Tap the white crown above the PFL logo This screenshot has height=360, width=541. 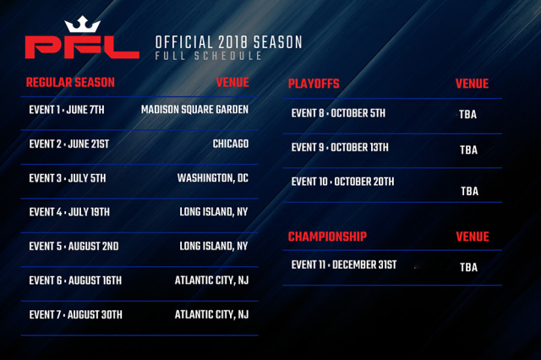pyautogui.click(x=83, y=25)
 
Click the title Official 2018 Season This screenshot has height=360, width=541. pyautogui.click(x=228, y=42)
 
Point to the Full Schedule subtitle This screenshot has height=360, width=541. pyautogui.click(x=208, y=56)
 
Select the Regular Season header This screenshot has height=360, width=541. pyautogui.click(x=70, y=83)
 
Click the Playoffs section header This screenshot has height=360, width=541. pyautogui.click(x=314, y=84)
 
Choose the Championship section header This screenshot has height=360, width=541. pyautogui.click(x=327, y=237)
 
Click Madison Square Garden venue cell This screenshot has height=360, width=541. pyautogui.click(x=194, y=110)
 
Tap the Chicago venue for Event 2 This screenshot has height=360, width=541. pyautogui.click(x=231, y=144)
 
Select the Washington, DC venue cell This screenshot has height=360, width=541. pyautogui.click(x=212, y=178)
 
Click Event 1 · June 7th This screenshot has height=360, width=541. pyautogui.click(x=67, y=110)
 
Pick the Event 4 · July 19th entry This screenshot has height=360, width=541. pyautogui.click(x=69, y=212)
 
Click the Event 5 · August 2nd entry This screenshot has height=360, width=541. pyautogui.click(x=74, y=246)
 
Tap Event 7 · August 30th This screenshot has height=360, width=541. pyautogui.click(x=75, y=315)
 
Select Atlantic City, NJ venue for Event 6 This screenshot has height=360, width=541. pyautogui.click(x=211, y=281)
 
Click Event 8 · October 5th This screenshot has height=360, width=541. pyautogui.click(x=338, y=113)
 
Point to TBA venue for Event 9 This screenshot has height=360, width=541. pyautogui.click(x=468, y=150)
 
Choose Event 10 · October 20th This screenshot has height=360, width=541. pyautogui.click(x=342, y=182)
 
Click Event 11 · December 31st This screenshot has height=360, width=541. pyautogui.click(x=344, y=265)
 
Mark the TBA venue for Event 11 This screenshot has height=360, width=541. pyautogui.click(x=468, y=267)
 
